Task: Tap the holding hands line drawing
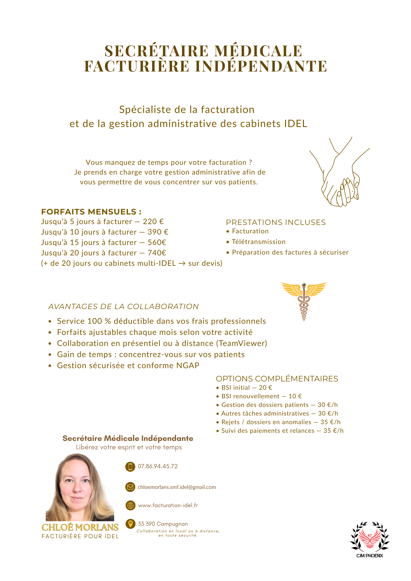click(x=339, y=175)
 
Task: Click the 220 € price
click(x=153, y=222)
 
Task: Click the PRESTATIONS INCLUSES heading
click(x=276, y=222)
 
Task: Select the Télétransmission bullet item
click(x=259, y=242)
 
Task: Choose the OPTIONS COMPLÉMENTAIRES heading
click(x=277, y=379)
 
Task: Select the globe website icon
click(x=130, y=505)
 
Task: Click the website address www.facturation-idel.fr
click(x=168, y=505)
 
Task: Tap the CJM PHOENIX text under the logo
click(x=370, y=556)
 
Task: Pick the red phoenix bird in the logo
click(x=370, y=538)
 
